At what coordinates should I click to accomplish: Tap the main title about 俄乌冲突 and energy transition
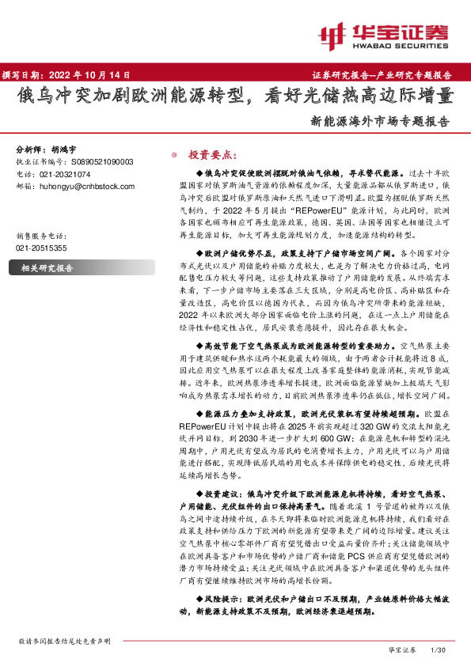[236, 96]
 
